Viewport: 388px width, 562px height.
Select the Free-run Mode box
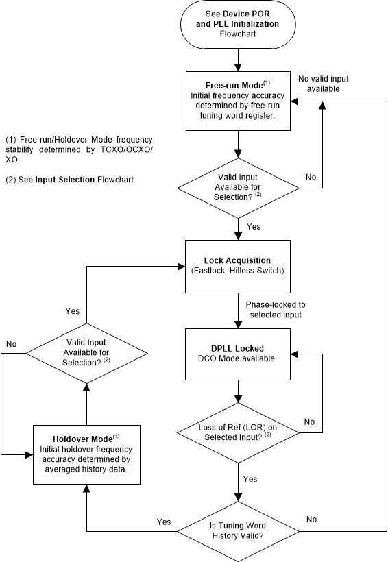[238, 100]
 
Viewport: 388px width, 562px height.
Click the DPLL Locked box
[238, 354]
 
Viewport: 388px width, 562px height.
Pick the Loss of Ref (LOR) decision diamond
[238, 432]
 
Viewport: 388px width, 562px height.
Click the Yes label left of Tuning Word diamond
[165, 522]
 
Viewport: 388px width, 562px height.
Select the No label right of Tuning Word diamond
[312, 519]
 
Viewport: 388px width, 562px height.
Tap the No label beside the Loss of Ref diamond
[310, 421]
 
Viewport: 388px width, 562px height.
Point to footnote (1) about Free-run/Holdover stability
[79, 149]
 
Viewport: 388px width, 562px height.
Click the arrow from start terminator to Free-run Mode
[238, 62]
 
